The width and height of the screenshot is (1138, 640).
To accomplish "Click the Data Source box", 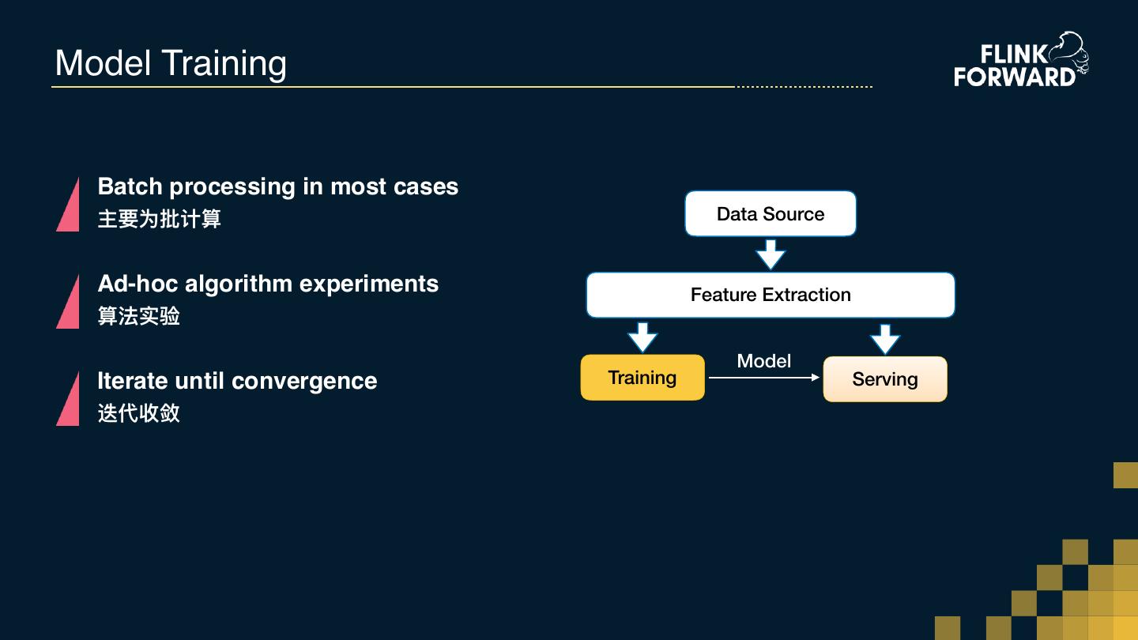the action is [x=771, y=214].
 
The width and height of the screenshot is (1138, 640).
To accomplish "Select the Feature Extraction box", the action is [x=771, y=296].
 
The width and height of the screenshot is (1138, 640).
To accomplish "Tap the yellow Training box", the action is [x=642, y=378].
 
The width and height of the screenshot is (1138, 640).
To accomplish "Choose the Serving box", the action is [x=885, y=379].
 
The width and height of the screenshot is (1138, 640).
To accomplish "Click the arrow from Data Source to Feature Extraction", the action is [x=771, y=254].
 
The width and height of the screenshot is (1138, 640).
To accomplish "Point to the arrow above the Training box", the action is [x=642, y=337].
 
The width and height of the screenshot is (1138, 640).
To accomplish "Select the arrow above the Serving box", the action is [x=885, y=339].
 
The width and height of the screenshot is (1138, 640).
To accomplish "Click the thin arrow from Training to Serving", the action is [x=764, y=378].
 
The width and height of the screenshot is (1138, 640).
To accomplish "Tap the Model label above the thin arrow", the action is [x=764, y=361].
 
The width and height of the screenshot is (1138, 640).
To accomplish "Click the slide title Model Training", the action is [x=171, y=63].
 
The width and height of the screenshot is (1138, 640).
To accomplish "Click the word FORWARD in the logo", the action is [x=1015, y=77].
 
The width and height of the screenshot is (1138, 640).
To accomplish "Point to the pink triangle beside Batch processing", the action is [x=68, y=204].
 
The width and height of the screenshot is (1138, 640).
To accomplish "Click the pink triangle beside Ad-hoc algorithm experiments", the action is [x=68, y=301].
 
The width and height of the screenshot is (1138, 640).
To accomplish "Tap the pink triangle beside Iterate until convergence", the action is [x=68, y=399].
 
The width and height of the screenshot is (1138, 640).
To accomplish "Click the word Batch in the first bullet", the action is [x=130, y=186].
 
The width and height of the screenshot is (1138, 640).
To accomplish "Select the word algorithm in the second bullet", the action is [x=239, y=284].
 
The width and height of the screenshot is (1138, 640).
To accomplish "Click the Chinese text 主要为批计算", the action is [x=159, y=219].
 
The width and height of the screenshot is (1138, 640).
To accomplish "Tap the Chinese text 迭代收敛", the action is [x=139, y=413].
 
